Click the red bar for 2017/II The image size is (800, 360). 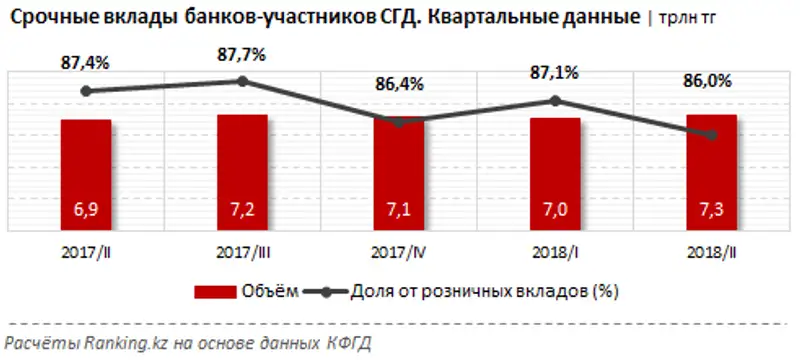(85, 175)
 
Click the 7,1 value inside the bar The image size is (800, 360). (398, 211)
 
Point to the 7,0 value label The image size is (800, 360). (555, 211)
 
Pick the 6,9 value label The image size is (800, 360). (85, 211)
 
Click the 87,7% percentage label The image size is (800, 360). (242, 56)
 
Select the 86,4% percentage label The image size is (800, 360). (399, 85)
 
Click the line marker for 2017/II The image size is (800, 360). (86, 91)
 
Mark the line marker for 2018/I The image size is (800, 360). (555, 100)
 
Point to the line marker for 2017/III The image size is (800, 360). (242, 81)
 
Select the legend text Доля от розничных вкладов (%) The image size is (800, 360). (486, 292)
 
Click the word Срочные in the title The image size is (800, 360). (51, 17)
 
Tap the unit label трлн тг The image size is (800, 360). (689, 19)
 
